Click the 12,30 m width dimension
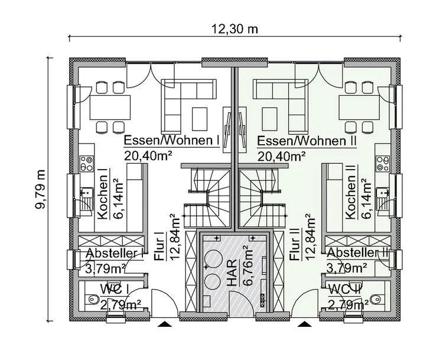pyautogui.click(x=235, y=28)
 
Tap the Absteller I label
pyautogui.click(x=115, y=254)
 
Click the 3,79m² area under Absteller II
pyautogui.click(x=348, y=268)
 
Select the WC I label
pyautogui.click(x=115, y=290)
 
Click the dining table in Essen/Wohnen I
pyautogui.click(x=110, y=108)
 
